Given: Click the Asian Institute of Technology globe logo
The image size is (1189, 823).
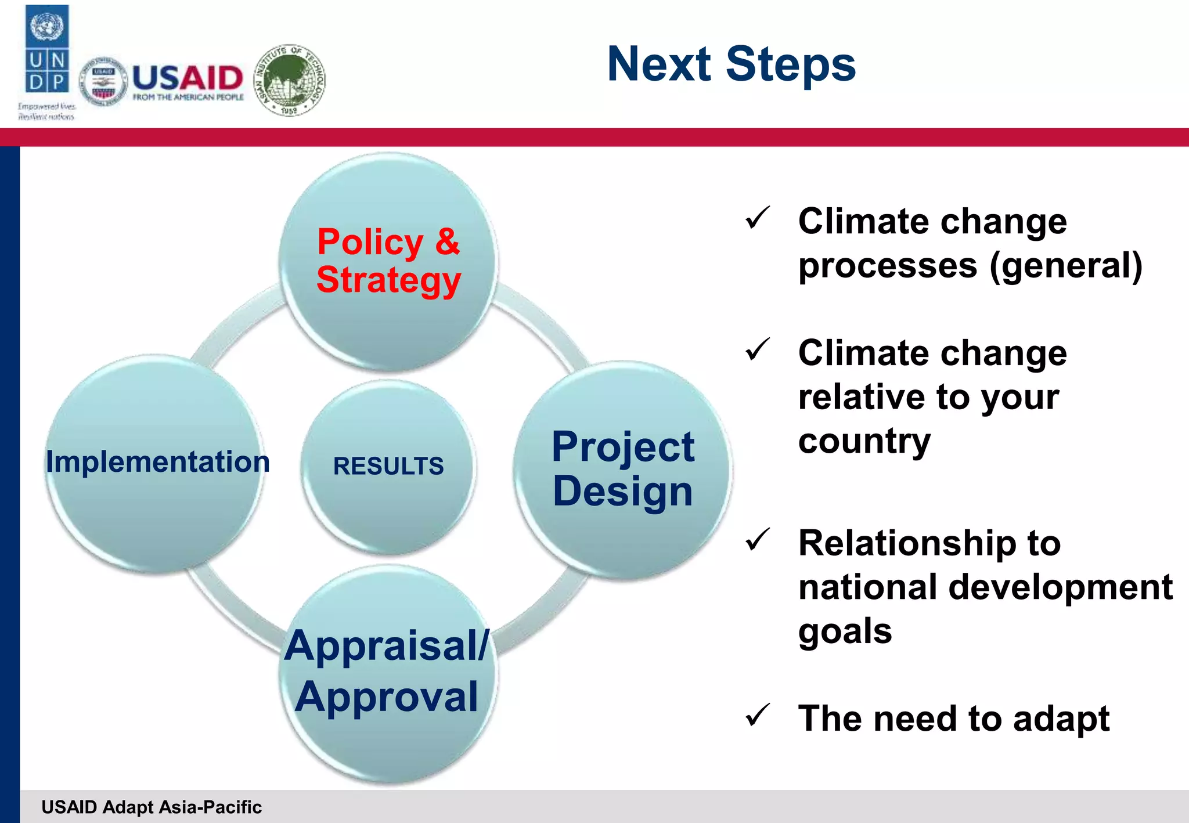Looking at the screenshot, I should (x=290, y=80).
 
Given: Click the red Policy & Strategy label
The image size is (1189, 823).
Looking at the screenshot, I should (x=388, y=261).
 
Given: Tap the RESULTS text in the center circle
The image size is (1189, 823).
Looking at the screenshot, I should (x=388, y=466).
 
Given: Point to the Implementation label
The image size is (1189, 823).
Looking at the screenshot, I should (x=158, y=462).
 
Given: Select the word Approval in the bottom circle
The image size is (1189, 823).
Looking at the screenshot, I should (x=387, y=696).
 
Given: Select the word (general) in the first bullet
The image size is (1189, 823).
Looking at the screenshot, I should (x=1066, y=266).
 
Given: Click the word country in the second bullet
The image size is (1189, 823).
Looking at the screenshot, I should (x=864, y=442).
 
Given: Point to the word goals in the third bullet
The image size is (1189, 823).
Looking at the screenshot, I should (x=845, y=631).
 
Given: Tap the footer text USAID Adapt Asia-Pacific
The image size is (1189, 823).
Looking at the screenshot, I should (x=152, y=807).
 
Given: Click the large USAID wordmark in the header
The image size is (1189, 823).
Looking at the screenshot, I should (x=188, y=77).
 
